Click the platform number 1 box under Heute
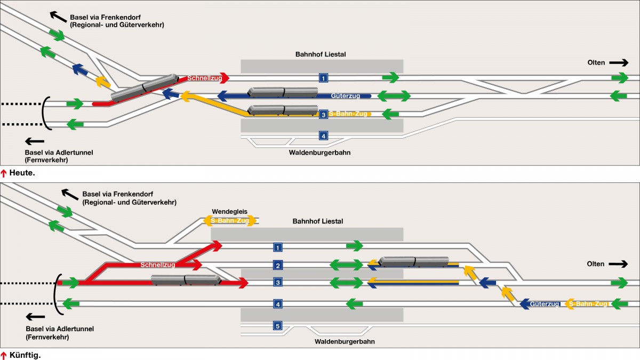pos(323,78)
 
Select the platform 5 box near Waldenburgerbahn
pos(277,326)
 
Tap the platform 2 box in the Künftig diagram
pos(277,265)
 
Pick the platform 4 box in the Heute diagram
pos(323,135)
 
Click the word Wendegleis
pos(230,211)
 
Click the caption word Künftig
pos(25,355)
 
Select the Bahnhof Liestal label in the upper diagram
pos(321,54)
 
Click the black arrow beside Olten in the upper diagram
pos(619,62)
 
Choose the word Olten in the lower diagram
pos(596,264)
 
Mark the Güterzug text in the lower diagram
pos(545,304)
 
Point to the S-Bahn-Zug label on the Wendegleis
pos(230,220)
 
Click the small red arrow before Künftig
pos(4,355)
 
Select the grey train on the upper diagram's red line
pos(145,88)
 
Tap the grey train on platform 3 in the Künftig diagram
pos(186,279)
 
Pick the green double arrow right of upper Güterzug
pos(394,96)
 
